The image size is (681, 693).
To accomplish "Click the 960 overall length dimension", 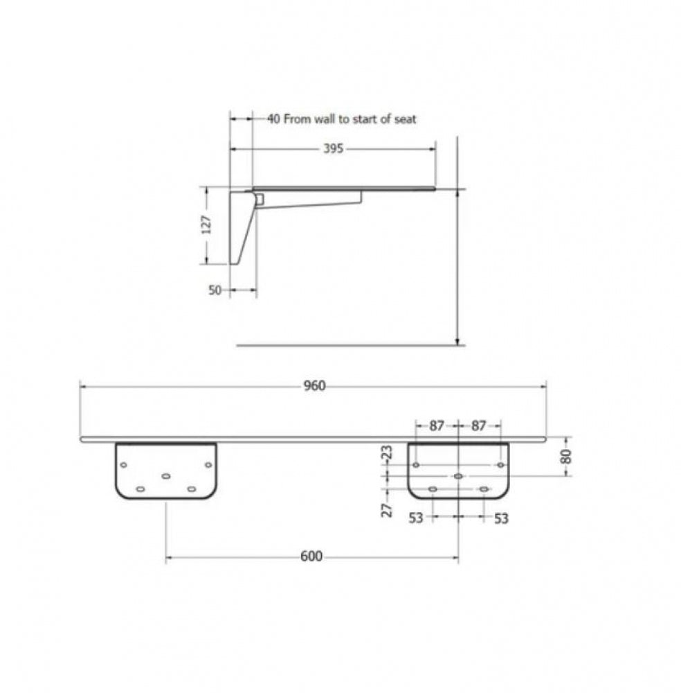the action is pyautogui.click(x=314, y=386).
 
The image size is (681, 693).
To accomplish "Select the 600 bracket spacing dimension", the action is pyautogui.click(x=311, y=556).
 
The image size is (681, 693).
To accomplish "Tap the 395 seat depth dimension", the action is pyautogui.click(x=333, y=148).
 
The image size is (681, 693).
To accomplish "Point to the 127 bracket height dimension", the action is pyautogui.click(x=206, y=225).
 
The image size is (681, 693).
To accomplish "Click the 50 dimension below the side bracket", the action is pyautogui.click(x=215, y=290).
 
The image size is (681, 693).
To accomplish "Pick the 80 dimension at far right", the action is pyautogui.click(x=566, y=456).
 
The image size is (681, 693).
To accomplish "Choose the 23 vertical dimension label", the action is pyautogui.click(x=387, y=453).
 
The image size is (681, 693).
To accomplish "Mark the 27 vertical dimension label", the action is pyautogui.click(x=387, y=510).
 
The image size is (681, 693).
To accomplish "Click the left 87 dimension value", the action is pyautogui.click(x=437, y=426).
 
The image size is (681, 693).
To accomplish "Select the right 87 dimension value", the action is pyautogui.click(x=478, y=426).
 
